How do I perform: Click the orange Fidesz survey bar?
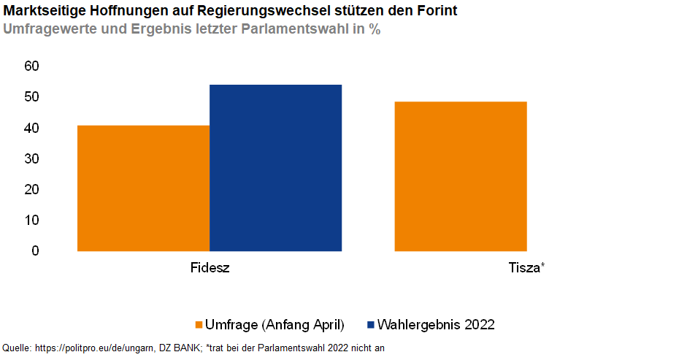(x=143, y=188)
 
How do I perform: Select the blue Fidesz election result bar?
(x=275, y=168)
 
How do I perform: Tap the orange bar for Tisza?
(x=460, y=176)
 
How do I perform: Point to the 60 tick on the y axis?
(x=31, y=66)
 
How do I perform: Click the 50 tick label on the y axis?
(x=31, y=97)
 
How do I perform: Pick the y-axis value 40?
(x=31, y=128)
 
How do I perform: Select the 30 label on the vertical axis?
(x=31, y=158)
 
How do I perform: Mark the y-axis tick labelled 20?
(x=31, y=189)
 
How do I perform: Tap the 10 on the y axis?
(x=31, y=220)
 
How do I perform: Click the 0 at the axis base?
(x=35, y=250)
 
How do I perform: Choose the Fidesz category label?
(x=210, y=267)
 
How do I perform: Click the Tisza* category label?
(x=526, y=267)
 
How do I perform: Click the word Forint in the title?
(x=438, y=12)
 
